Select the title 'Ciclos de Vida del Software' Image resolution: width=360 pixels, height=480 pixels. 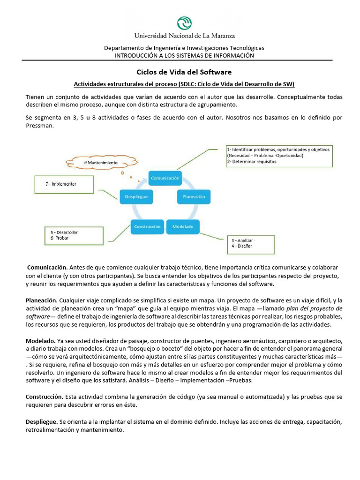[184, 72]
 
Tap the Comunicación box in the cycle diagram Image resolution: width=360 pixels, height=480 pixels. [165, 178]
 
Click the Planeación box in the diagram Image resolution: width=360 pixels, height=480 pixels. [191, 197]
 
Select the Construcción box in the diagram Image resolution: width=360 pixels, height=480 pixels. [148, 226]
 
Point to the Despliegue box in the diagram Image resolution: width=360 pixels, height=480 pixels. [136, 197]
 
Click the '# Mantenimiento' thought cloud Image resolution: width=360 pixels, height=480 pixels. [101, 163]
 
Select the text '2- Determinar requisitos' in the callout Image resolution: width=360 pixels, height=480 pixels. [251, 162]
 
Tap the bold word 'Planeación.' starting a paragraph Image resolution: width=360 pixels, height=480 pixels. [42, 300]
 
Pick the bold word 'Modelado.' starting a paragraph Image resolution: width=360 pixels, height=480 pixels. [40, 340]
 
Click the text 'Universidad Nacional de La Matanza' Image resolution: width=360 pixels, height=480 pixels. [185, 36]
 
